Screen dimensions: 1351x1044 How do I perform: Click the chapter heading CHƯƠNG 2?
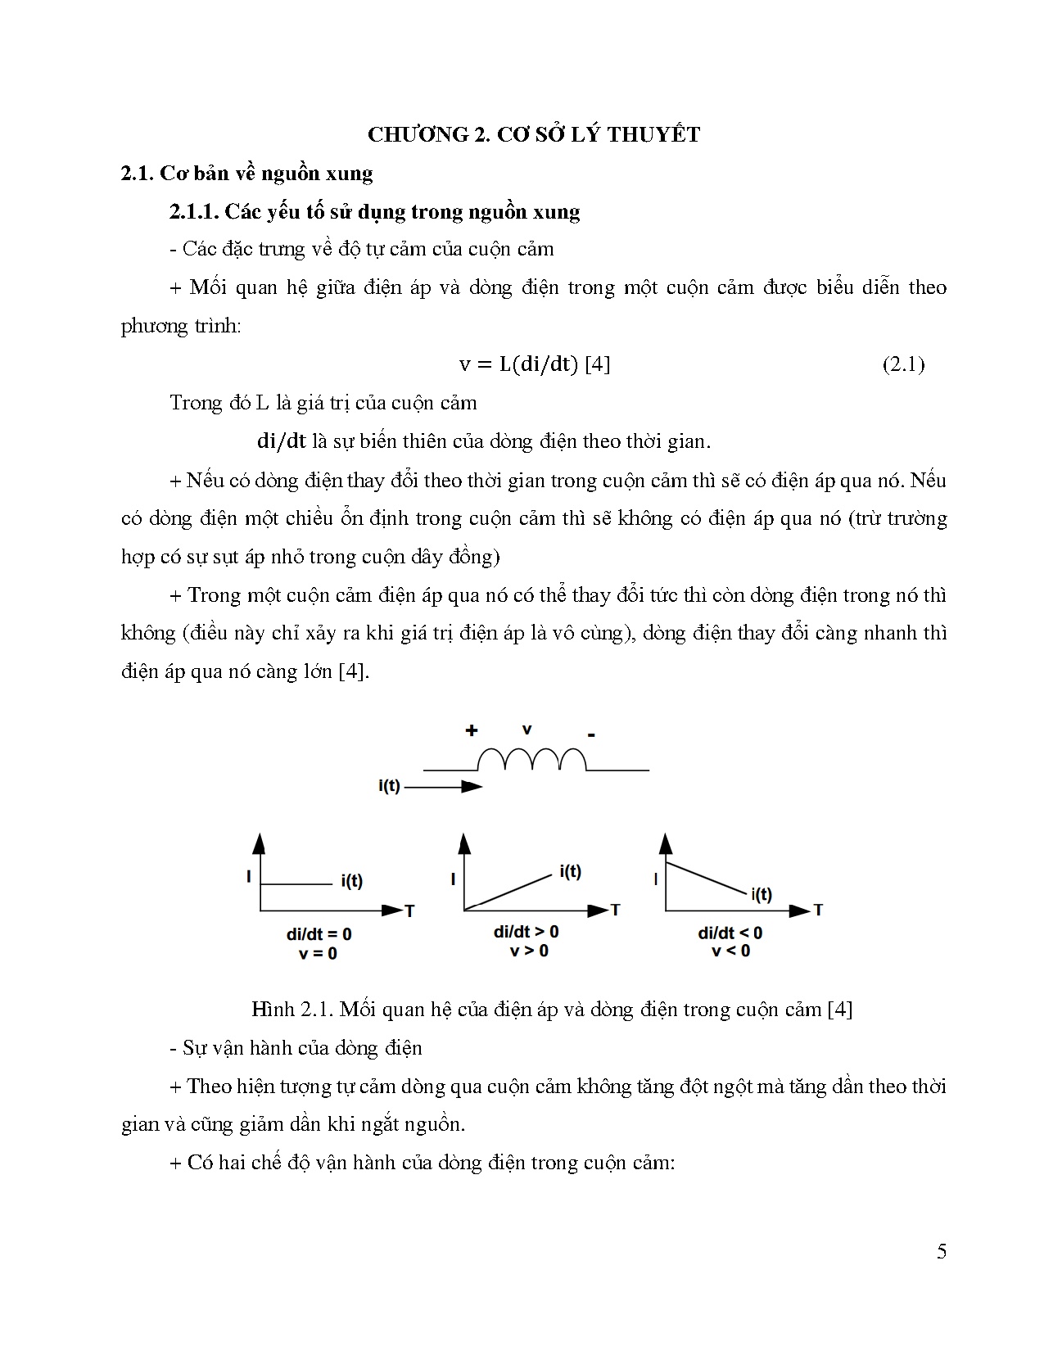click(534, 135)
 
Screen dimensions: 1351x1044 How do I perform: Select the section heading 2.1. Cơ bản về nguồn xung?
click(246, 174)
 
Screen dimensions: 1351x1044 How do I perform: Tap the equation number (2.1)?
click(903, 364)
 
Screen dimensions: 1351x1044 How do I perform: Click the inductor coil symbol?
click(532, 761)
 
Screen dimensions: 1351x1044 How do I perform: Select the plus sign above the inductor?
click(472, 730)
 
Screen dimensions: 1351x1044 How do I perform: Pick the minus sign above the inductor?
click(591, 735)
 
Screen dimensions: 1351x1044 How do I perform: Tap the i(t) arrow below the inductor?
click(443, 787)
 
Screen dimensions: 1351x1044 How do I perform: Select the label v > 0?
click(529, 951)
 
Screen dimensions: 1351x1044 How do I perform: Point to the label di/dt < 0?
click(730, 933)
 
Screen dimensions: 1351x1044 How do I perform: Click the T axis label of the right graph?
click(817, 910)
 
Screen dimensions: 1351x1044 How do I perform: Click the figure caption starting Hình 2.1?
click(552, 1010)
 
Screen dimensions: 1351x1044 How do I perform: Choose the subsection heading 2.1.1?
click(375, 212)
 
